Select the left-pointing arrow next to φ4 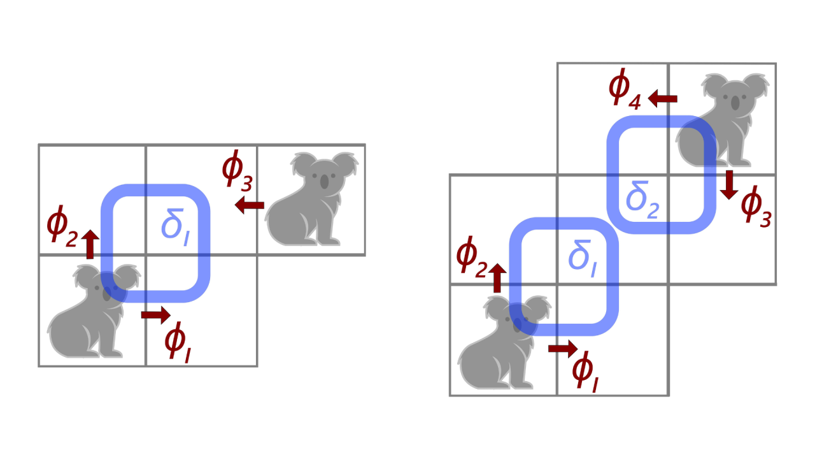(x=662, y=98)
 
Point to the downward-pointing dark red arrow (x=730, y=184)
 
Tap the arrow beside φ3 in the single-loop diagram (x=249, y=205)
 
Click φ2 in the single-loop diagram (x=62, y=228)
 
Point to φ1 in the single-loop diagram (x=178, y=341)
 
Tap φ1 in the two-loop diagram (x=586, y=372)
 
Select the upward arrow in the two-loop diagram (x=497, y=278)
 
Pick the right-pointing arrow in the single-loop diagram (x=155, y=314)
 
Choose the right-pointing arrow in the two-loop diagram (x=562, y=348)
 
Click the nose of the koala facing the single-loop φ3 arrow (x=325, y=182)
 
